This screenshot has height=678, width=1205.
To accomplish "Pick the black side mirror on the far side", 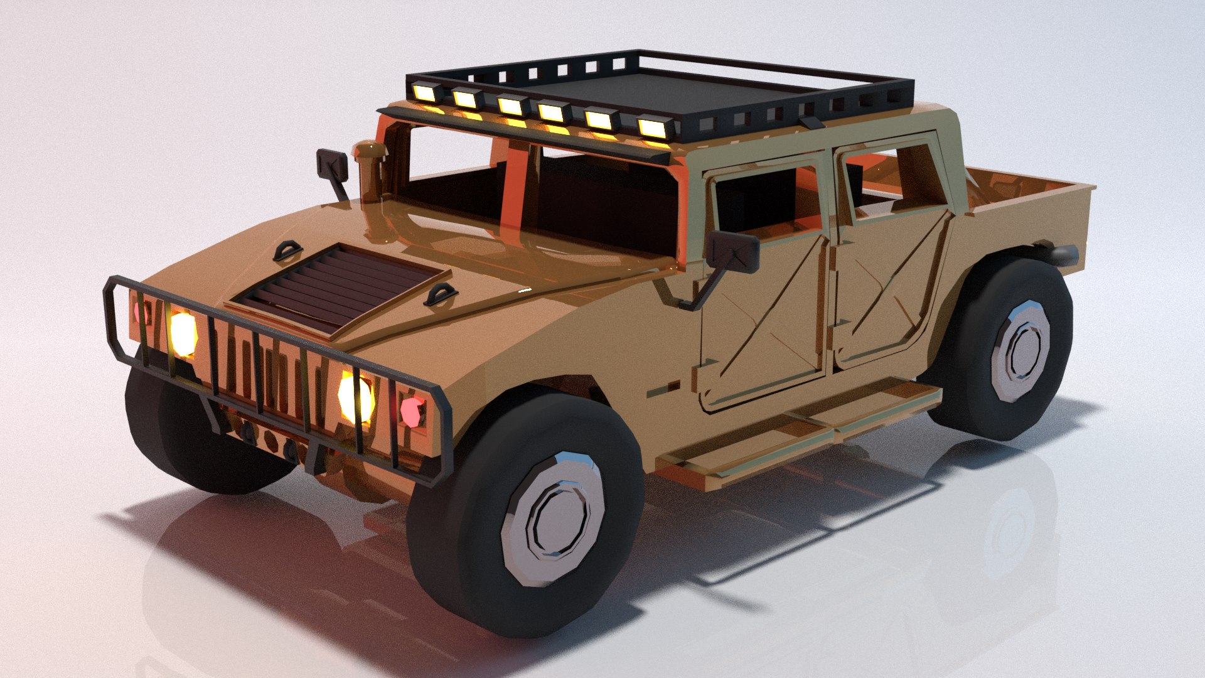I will coord(333,164).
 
